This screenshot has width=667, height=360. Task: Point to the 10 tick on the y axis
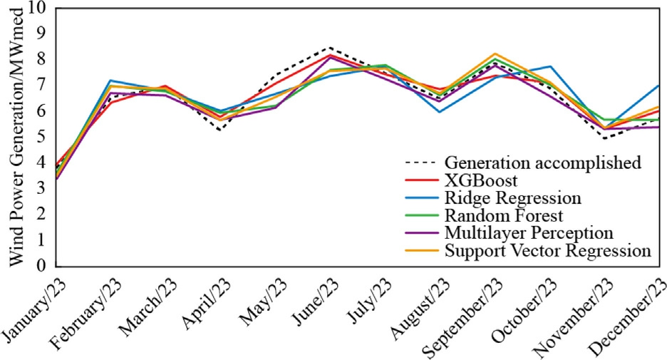[36, 9]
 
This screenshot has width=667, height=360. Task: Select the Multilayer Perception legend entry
[529, 233]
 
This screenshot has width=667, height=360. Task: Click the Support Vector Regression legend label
[547, 251]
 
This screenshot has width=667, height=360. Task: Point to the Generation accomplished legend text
[542, 163]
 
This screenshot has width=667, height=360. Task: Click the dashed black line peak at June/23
[330, 48]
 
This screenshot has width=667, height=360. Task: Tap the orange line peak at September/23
[496, 53]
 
